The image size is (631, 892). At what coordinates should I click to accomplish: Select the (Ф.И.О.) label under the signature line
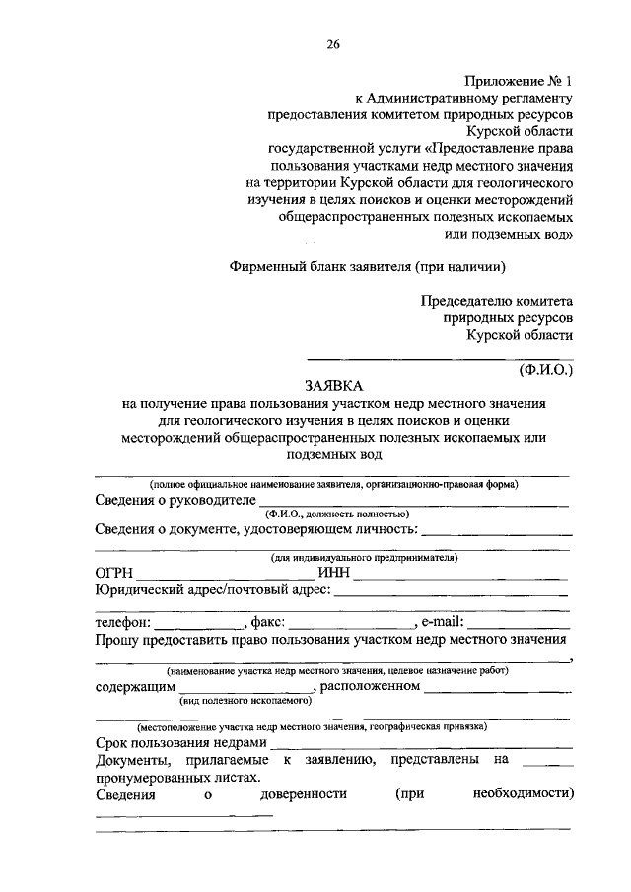(545, 371)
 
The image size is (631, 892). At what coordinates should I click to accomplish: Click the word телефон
(122, 622)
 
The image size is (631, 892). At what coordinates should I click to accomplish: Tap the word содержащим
(136, 686)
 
